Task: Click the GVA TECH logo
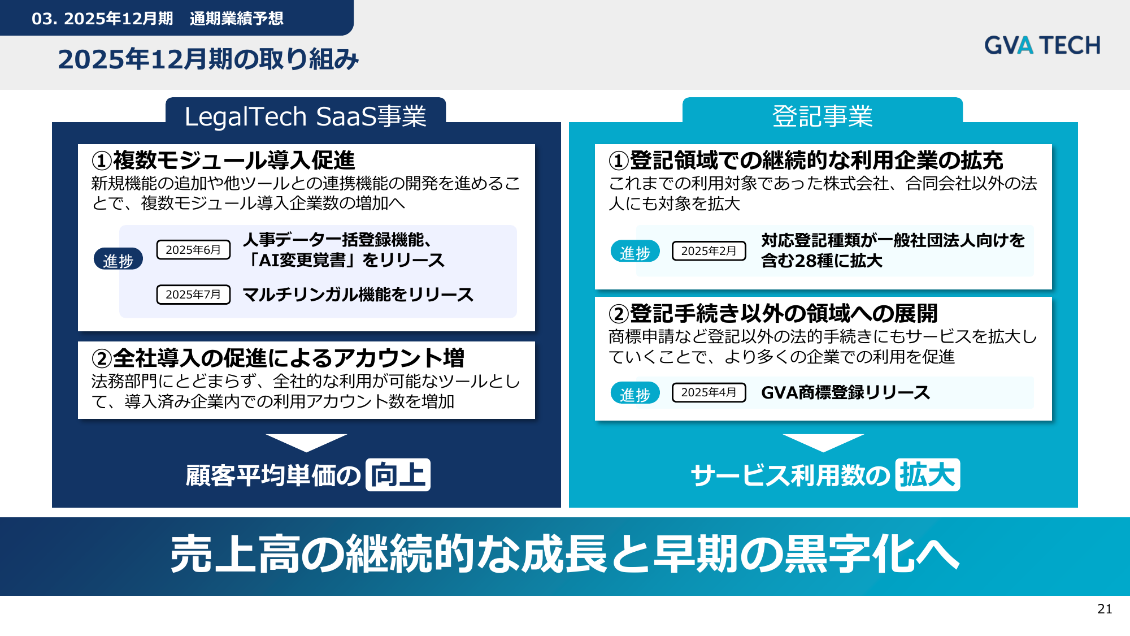(1042, 45)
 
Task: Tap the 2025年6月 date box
(193, 250)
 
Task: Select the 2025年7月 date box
(193, 295)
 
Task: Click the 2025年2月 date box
(709, 251)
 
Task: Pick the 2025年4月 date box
(709, 392)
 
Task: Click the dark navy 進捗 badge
(118, 259)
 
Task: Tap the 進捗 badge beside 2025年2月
(635, 252)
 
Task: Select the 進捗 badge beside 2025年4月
(635, 393)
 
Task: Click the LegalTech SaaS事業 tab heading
(305, 116)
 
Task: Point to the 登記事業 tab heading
(823, 116)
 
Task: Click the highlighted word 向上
(398, 475)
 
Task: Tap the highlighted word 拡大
(927, 475)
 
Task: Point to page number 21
(1105, 609)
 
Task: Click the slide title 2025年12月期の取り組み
(208, 59)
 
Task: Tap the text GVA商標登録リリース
(845, 392)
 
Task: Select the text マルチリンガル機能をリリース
(358, 295)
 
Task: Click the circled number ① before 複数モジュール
(102, 161)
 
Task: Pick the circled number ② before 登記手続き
(619, 314)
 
